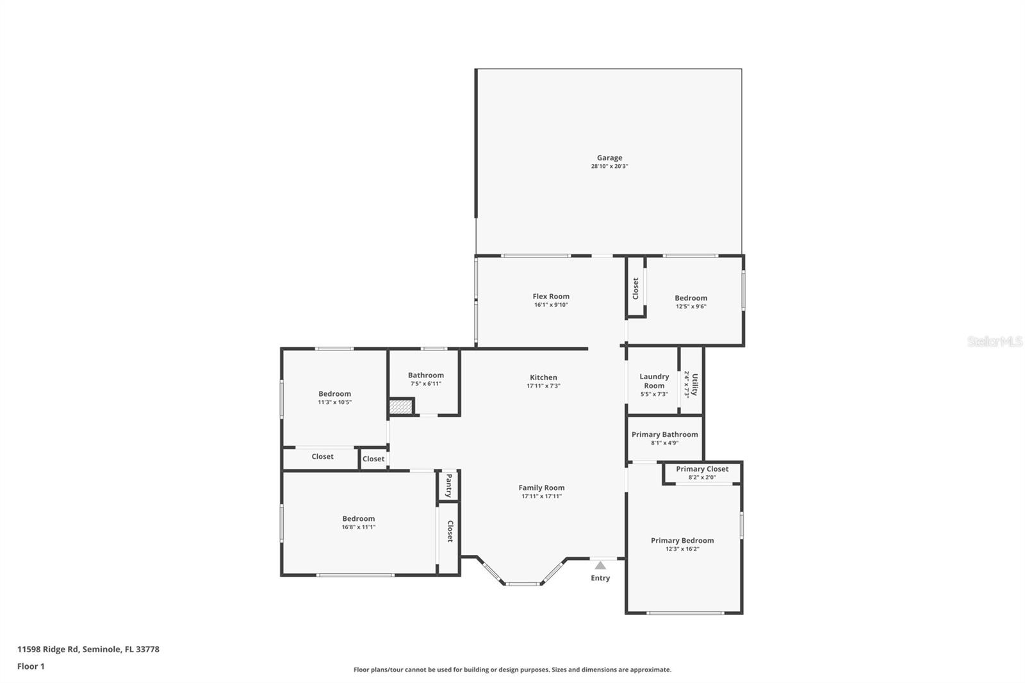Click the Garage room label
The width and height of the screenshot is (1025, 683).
(x=609, y=158)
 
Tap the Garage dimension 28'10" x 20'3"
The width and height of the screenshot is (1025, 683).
(x=609, y=167)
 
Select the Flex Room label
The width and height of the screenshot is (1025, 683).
(x=551, y=296)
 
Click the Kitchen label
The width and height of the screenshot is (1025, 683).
(x=543, y=377)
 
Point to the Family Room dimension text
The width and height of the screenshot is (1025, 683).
(x=541, y=496)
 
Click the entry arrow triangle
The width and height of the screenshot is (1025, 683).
(x=600, y=565)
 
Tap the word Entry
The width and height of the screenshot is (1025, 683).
(x=600, y=578)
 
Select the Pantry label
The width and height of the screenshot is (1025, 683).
(x=448, y=486)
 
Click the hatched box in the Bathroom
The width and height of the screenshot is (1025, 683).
(x=400, y=406)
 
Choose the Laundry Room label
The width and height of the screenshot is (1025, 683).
(x=654, y=381)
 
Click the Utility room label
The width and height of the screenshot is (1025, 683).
(x=694, y=384)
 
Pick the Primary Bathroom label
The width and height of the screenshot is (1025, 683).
(x=664, y=434)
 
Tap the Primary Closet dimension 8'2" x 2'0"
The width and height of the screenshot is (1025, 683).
(x=702, y=477)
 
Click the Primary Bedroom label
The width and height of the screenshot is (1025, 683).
(x=682, y=540)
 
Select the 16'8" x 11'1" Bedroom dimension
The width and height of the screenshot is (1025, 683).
(x=358, y=527)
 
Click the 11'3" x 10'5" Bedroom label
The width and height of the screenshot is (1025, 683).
(x=334, y=394)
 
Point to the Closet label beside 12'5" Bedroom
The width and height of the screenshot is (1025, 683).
(x=635, y=288)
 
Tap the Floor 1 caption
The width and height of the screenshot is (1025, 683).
(x=31, y=666)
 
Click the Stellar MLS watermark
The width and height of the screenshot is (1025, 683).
(x=994, y=342)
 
